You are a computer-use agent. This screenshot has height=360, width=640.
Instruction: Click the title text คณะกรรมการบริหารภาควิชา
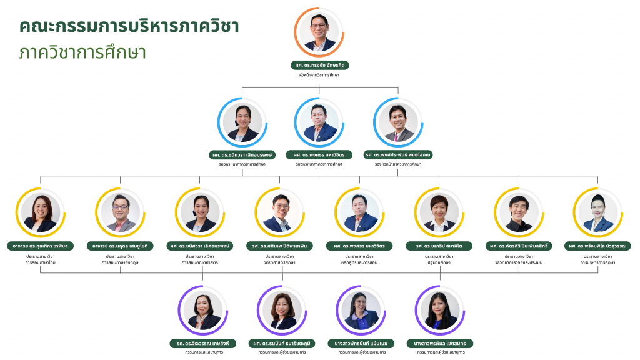[x=129, y=26]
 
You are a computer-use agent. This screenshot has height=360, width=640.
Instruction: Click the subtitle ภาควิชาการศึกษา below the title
[x=82, y=52]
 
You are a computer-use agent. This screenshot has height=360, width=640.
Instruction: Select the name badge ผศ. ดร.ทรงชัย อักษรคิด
[x=320, y=65]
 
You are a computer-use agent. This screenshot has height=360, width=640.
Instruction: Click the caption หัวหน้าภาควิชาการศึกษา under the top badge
[x=320, y=75]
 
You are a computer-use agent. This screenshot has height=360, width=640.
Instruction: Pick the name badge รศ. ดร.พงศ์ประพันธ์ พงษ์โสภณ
[x=398, y=154]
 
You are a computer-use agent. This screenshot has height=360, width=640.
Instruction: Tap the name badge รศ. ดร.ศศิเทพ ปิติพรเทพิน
[x=280, y=246]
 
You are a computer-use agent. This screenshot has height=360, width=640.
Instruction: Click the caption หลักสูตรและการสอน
[x=359, y=263]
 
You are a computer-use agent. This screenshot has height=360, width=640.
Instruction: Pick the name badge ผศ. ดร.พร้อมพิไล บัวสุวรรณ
[x=598, y=246]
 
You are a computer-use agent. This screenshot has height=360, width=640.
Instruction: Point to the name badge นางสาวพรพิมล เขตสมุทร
[x=440, y=343]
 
